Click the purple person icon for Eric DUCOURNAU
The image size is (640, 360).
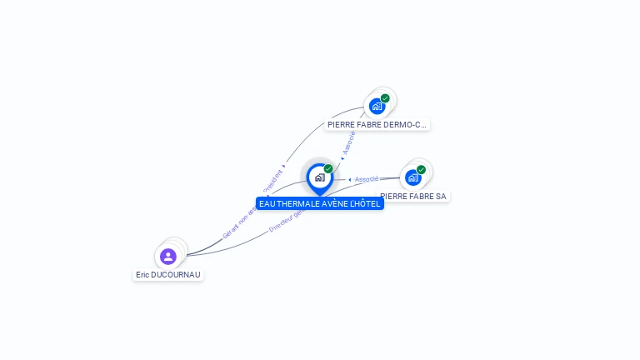click(x=168, y=256)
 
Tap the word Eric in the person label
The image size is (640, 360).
click(x=142, y=275)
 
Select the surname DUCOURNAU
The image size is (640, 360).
click(x=177, y=275)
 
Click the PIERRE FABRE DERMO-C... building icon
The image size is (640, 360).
click(x=377, y=106)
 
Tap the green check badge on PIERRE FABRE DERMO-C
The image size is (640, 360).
click(x=385, y=98)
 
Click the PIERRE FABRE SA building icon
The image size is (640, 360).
click(x=412, y=177)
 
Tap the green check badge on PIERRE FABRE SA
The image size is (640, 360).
click(x=421, y=170)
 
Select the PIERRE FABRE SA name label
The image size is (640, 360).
click(x=414, y=197)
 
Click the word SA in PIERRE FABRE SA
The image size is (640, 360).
click(x=441, y=197)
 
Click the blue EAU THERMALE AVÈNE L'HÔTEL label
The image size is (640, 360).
click(x=319, y=203)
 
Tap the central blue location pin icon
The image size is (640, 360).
click(x=319, y=177)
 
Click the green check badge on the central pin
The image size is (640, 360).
click(x=328, y=169)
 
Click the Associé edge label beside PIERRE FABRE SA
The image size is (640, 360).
click(x=366, y=179)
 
